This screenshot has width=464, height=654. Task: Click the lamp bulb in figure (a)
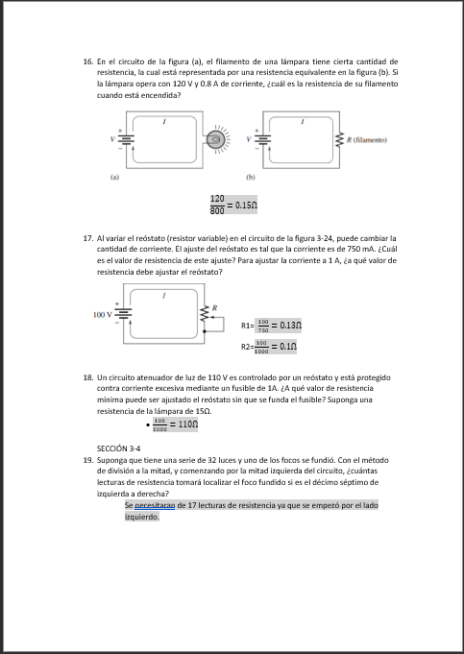pyautogui.click(x=217, y=142)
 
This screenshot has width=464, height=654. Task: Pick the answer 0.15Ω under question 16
pyautogui.click(x=247, y=205)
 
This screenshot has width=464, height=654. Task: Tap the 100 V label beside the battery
pyautogui.click(x=101, y=314)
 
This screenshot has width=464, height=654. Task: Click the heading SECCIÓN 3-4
pyautogui.click(x=119, y=448)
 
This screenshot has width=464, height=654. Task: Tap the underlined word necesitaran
pyautogui.click(x=153, y=504)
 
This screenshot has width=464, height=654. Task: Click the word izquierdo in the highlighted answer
pyautogui.click(x=142, y=516)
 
